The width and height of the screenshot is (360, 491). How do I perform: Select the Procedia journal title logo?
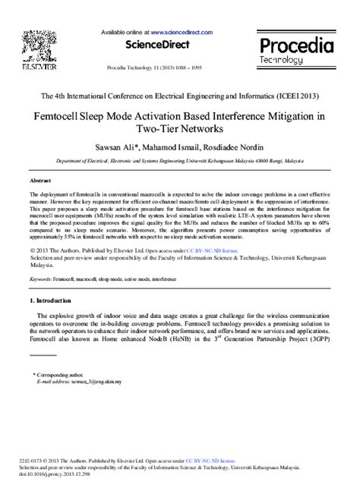pyautogui.click(x=295, y=45)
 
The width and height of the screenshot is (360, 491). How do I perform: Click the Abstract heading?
pyautogui.click(x=40, y=182)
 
